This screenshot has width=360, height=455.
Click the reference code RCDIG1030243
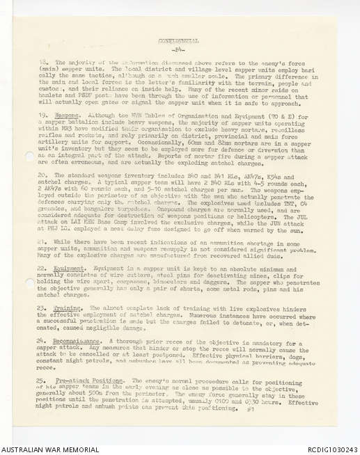pos(327,449)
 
